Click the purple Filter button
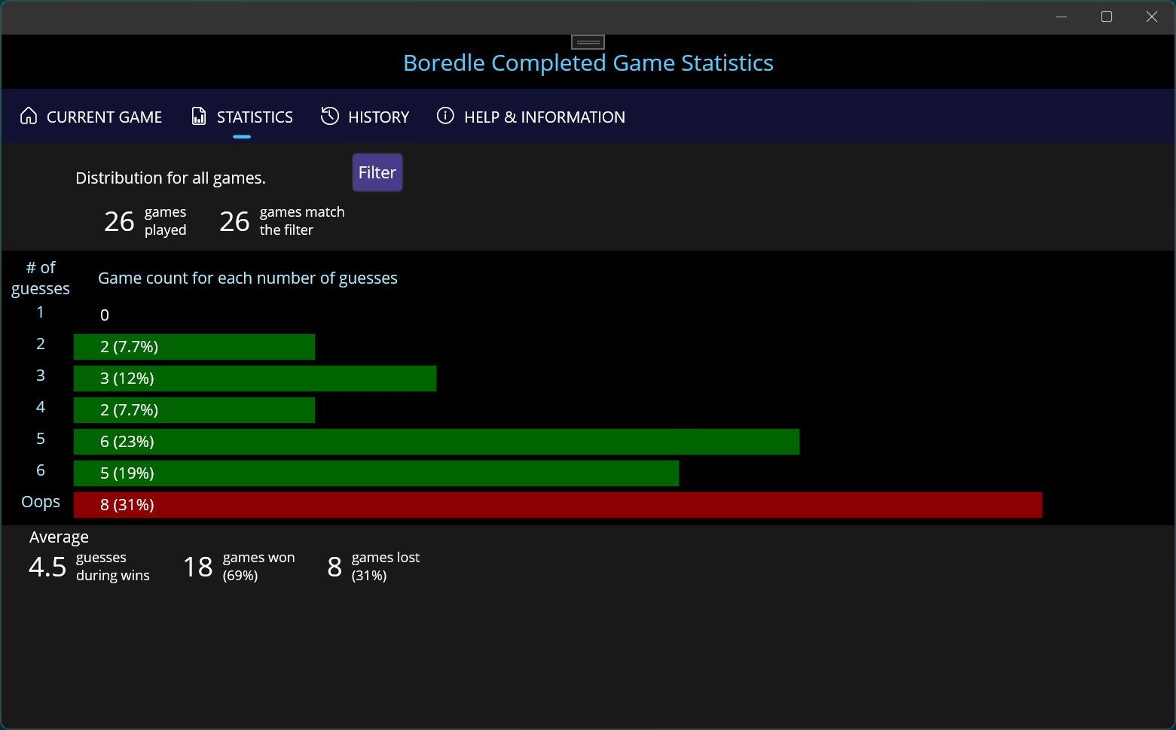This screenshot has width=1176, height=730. [x=377, y=172]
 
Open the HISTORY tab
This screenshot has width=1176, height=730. [x=365, y=117]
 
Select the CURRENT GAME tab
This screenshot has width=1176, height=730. [x=91, y=117]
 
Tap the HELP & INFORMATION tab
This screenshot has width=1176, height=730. [x=531, y=117]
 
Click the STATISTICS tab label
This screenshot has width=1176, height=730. [x=255, y=117]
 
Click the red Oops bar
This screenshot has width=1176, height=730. [x=557, y=505]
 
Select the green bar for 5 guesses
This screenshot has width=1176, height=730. [x=436, y=442]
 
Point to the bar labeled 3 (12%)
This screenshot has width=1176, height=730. [x=255, y=379]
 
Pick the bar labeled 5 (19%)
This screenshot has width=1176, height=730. [x=376, y=473]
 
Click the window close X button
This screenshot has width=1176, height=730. [x=1152, y=17]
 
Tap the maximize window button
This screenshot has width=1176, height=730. [x=1107, y=17]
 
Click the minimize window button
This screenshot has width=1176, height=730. [x=1061, y=17]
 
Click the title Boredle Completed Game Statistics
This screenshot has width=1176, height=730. [x=588, y=63]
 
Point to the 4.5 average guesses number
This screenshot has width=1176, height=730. [x=47, y=567]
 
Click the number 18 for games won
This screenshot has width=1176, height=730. [x=198, y=567]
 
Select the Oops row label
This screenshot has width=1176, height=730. [x=41, y=502]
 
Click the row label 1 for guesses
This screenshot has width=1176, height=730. [x=41, y=312]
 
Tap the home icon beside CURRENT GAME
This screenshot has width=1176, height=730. [x=29, y=116]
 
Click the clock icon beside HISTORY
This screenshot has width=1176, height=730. [x=330, y=116]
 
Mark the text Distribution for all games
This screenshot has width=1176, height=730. [x=170, y=178]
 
